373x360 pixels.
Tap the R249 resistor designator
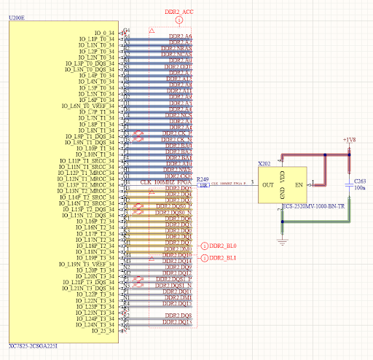point(204,179)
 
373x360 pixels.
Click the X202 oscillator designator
point(264,165)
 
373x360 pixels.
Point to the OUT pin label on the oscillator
point(267,185)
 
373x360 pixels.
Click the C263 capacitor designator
point(360,179)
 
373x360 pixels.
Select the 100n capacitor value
point(360,187)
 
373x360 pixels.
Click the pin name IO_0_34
point(104,33)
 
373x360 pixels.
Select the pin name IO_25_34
point(103,332)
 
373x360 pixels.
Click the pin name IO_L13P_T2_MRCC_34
point(87,184)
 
